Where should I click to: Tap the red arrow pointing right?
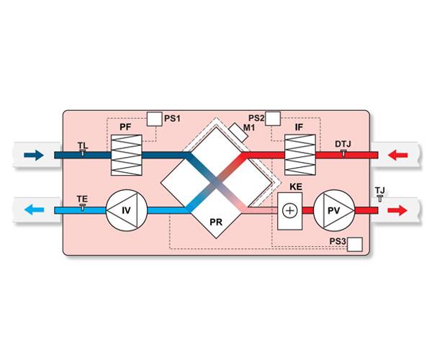[397, 211]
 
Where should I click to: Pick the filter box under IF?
[300, 154]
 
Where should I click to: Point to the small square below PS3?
[355, 246]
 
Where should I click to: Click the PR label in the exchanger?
[215, 222]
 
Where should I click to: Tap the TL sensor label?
[83, 145]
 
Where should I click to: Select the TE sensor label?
[82, 198]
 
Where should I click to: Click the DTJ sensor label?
[343, 144]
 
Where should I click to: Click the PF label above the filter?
[125, 127]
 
